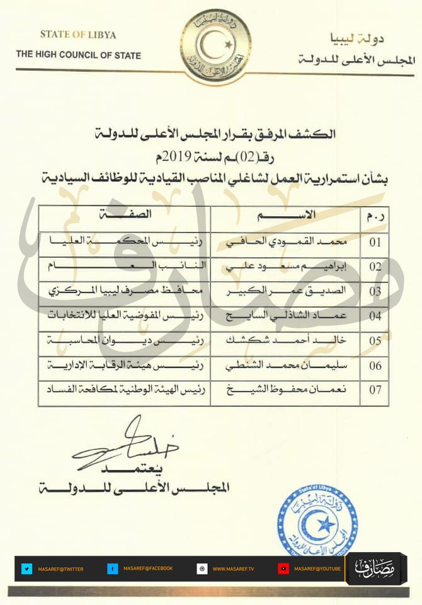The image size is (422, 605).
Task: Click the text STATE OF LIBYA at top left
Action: [78, 34]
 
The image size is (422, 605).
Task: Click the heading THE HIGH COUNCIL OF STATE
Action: [79, 55]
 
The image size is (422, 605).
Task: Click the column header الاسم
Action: [287, 216]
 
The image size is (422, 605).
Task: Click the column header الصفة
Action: [123, 215]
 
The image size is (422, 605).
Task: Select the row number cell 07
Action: [375, 389]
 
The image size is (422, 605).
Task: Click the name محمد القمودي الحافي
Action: [290, 242]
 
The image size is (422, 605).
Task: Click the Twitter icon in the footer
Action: [26, 568]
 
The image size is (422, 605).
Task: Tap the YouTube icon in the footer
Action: [284, 568]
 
